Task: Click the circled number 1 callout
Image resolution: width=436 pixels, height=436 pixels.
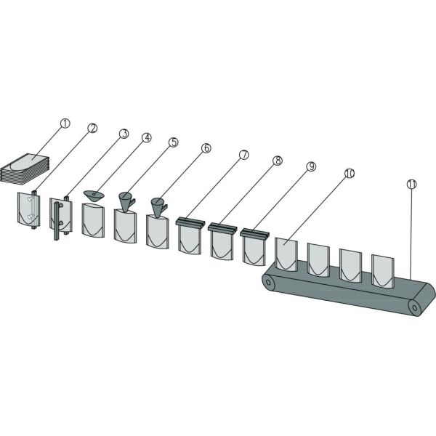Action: (65, 124)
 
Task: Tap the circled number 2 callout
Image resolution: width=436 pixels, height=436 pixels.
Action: (92, 128)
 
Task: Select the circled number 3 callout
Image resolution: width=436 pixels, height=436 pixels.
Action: (124, 134)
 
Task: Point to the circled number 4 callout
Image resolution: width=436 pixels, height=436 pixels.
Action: (147, 137)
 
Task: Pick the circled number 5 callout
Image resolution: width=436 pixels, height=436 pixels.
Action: (173, 142)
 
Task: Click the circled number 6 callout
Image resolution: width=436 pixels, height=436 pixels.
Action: (206, 148)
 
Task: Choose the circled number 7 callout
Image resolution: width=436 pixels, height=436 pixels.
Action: (244, 155)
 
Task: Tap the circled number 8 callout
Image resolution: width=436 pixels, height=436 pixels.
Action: (278, 161)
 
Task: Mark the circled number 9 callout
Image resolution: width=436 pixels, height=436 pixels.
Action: (311, 166)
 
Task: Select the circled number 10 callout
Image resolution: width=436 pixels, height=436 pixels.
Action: (350, 173)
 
